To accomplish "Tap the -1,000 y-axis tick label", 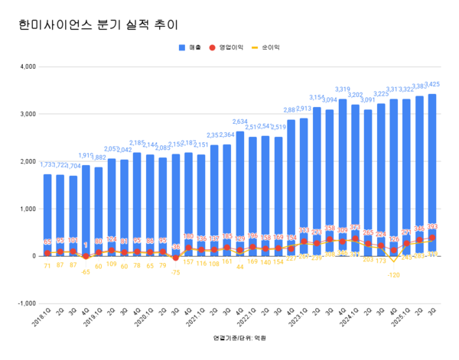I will (28, 303).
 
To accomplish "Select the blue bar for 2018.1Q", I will (47, 214).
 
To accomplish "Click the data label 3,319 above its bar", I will (343, 89).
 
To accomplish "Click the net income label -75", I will (176, 272).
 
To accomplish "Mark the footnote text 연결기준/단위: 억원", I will (229, 337).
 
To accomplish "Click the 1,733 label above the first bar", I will (47, 164).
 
